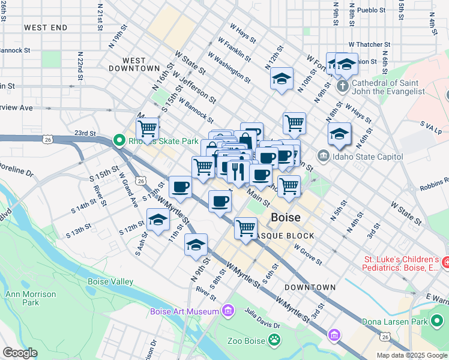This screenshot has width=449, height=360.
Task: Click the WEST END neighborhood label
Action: tap(46, 28)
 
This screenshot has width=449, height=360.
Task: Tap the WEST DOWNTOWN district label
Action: tap(133, 64)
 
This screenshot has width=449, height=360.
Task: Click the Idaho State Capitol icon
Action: tap(323, 156)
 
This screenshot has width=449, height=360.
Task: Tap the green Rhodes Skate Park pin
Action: tap(118, 141)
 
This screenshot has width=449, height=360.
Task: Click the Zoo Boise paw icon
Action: tap(274, 340)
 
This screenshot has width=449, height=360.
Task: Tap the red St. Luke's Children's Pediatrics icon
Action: tap(445, 262)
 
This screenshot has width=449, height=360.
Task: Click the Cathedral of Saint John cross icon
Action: tap(342, 86)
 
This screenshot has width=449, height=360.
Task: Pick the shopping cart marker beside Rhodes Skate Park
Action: tap(147, 128)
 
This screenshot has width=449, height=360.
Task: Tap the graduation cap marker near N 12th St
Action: tap(281, 79)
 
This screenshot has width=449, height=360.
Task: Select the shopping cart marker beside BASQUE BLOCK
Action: tap(246, 228)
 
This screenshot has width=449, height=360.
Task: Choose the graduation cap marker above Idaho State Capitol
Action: tap(339, 134)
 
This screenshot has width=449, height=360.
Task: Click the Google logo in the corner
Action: tap(20, 353)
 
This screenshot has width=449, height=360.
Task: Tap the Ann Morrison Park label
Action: tap(31, 298)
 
